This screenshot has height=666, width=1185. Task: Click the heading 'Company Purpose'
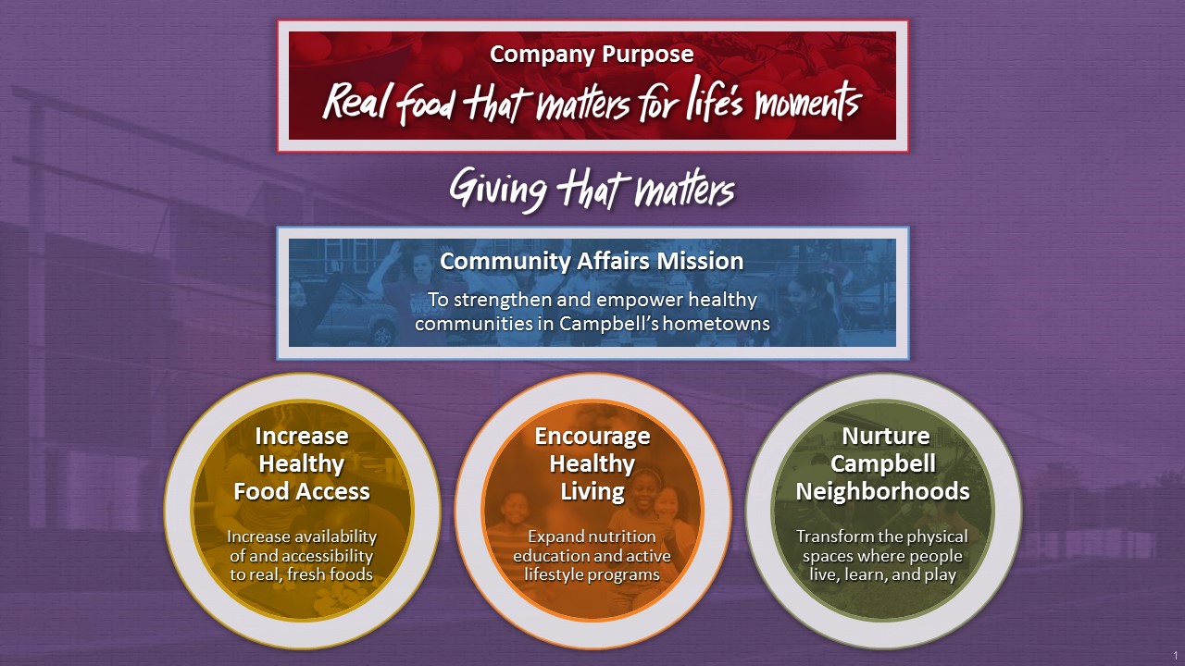coord(592,55)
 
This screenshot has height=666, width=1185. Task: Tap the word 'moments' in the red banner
coord(808,101)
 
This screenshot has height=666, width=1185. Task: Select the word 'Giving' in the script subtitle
coord(497,190)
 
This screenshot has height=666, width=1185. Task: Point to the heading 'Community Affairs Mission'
coord(592,261)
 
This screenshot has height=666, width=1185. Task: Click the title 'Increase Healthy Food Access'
coord(302,463)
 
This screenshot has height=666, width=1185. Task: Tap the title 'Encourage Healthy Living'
coord(592,463)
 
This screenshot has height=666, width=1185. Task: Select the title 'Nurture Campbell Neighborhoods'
coord(883,463)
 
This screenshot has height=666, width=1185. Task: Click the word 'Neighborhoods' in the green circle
coord(883,491)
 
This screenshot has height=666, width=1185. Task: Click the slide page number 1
coord(1176,656)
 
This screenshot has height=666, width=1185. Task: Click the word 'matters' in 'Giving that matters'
coord(685,190)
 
